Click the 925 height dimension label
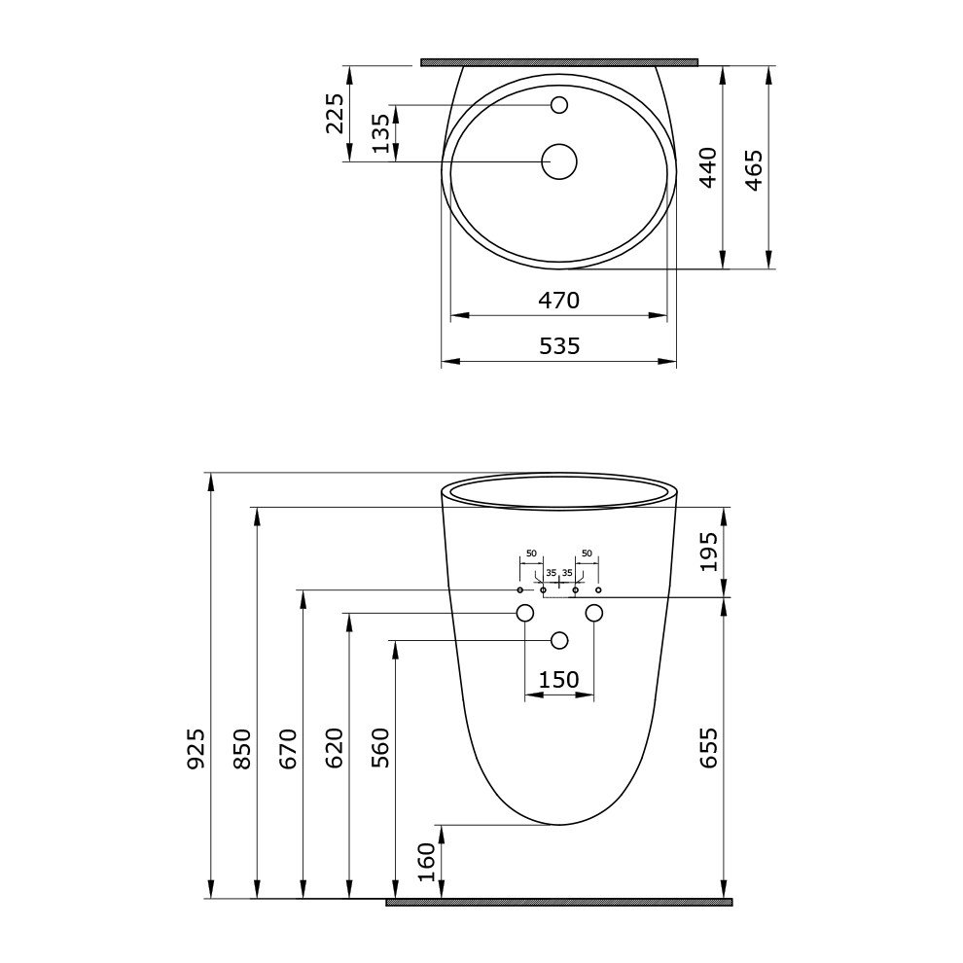click(196, 749)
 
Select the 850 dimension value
click(242, 749)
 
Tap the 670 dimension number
click(288, 749)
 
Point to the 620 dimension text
click(334, 749)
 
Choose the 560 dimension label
click(380, 749)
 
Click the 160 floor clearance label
click(426, 862)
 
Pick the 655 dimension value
click(708, 748)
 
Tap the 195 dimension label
click(708, 552)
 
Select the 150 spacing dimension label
click(559, 680)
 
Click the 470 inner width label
click(559, 301)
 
